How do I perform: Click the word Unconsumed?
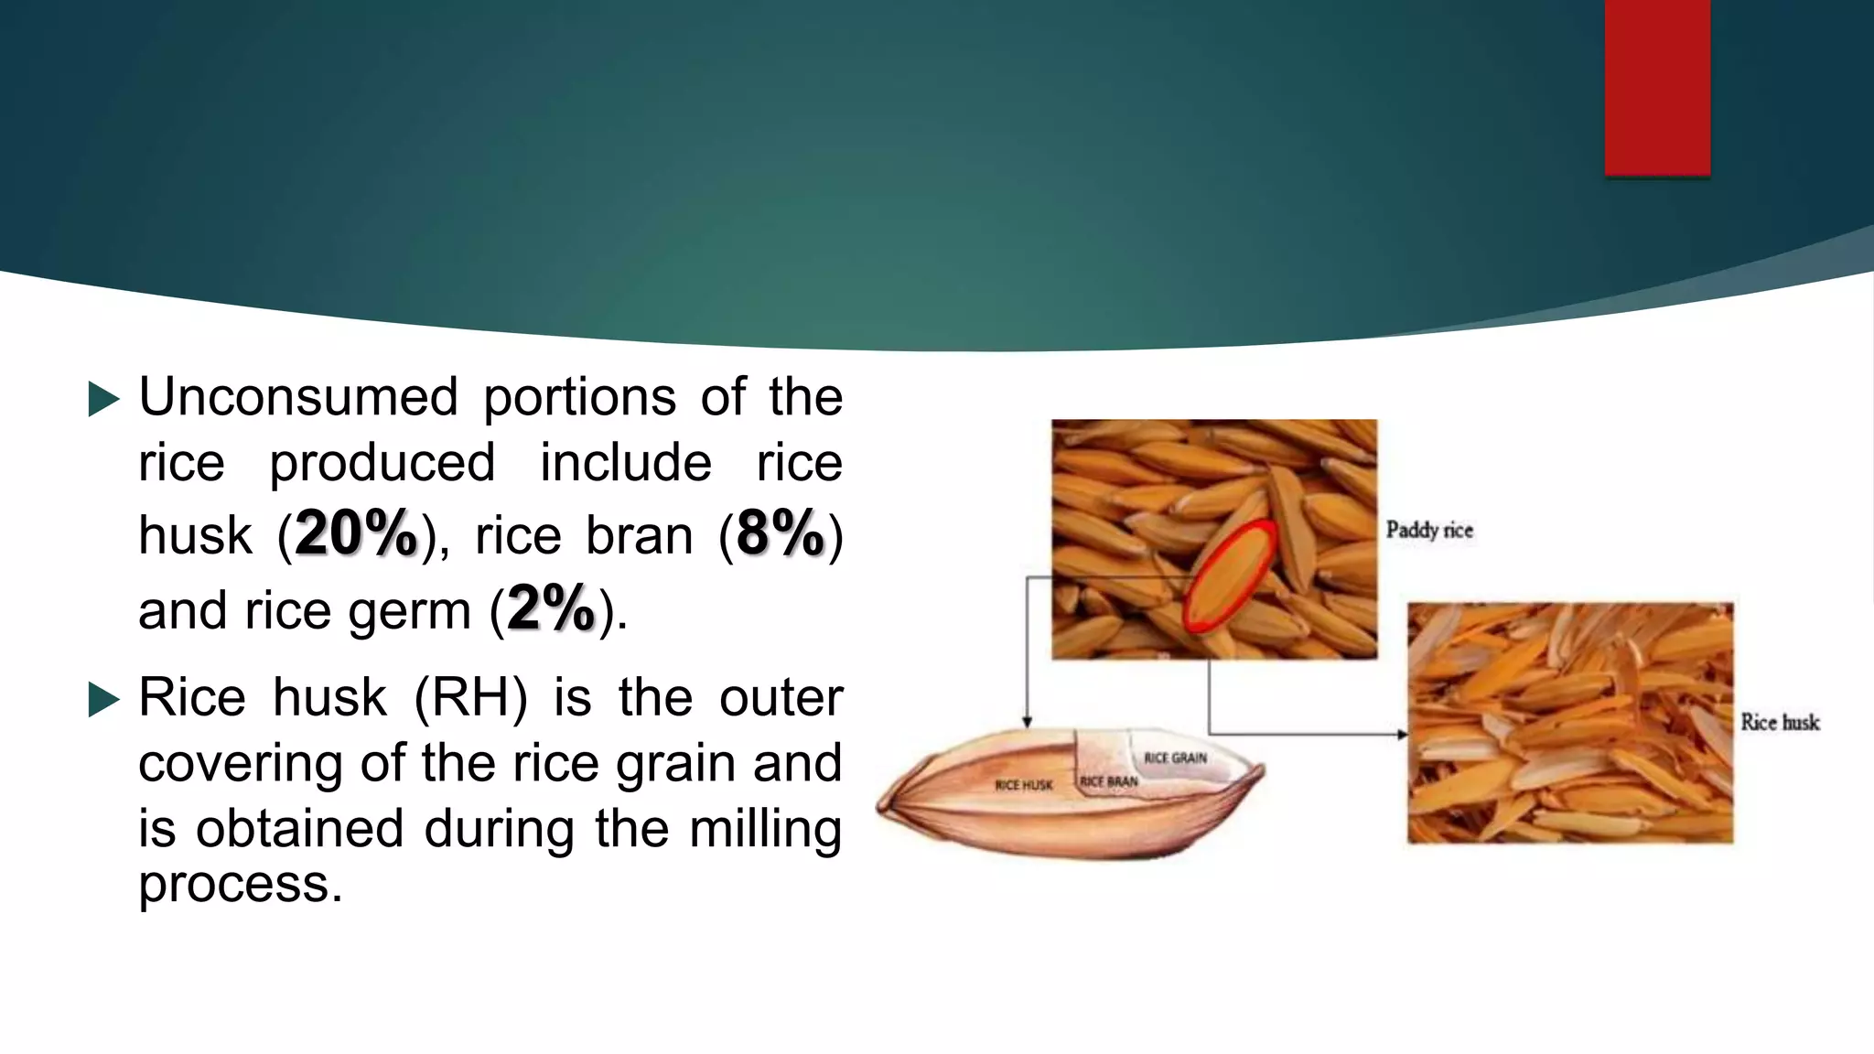(x=298, y=397)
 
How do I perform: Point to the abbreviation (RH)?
(x=470, y=697)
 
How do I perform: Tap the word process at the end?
(x=240, y=884)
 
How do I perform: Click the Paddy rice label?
(x=1429, y=530)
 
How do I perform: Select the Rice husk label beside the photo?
(x=1780, y=722)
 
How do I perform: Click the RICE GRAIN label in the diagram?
(x=1175, y=758)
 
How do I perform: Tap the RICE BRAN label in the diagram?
(x=1109, y=781)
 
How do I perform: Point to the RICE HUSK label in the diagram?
(x=1024, y=785)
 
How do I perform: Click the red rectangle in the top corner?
(x=1657, y=87)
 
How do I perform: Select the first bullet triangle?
(x=103, y=399)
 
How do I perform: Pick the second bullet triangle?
(x=103, y=700)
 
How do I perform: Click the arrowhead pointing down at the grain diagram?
(x=1028, y=722)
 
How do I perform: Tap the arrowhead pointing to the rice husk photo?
(x=1402, y=734)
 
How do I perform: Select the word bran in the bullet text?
(x=639, y=536)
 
